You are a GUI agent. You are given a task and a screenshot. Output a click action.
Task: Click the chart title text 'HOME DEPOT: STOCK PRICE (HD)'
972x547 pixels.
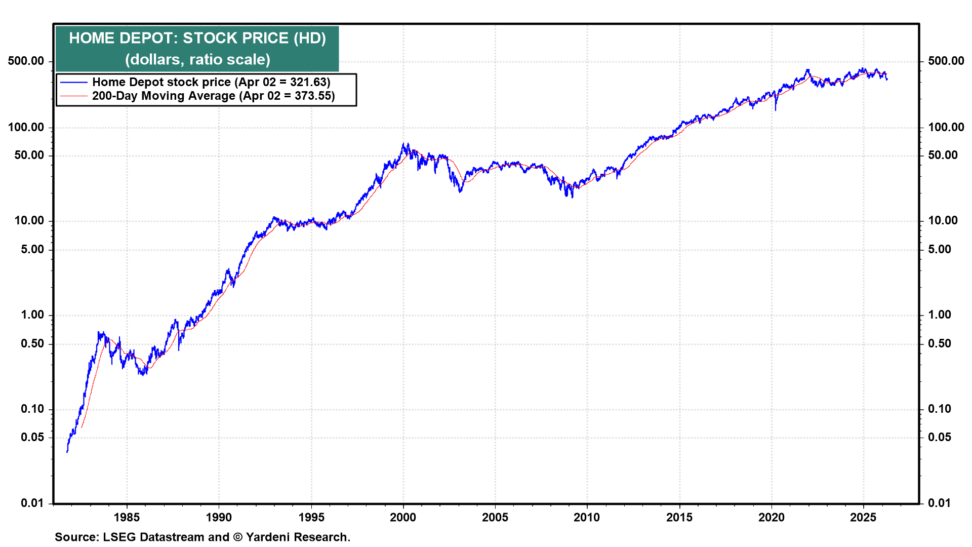pyautogui.click(x=197, y=38)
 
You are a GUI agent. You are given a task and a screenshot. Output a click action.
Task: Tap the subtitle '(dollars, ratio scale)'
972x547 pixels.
pyautogui.click(x=197, y=60)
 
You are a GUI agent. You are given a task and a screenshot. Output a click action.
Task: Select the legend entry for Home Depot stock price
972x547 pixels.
pyautogui.click(x=211, y=82)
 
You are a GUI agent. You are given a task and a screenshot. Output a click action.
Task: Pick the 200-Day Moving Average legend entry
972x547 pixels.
pyautogui.click(x=213, y=96)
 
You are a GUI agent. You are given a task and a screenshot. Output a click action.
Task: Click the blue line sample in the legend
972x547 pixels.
pyautogui.click(x=74, y=82)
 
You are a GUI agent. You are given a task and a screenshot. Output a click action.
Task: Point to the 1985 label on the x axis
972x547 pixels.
pyautogui.click(x=127, y=517)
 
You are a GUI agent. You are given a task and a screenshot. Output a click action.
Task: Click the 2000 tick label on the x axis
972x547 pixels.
pyautogui.click(x=403, y=517)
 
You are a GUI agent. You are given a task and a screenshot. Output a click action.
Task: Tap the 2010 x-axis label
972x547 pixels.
pyautogui.click(x=587, y=517)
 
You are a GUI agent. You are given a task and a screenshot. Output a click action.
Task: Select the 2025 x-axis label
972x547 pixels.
pyautogui.click(x=863, y=517)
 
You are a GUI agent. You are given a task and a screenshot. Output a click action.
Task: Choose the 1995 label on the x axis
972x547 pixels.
pyautogui.click(x=311, y=517)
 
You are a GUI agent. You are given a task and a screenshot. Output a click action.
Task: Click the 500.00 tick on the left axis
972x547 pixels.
pyautogui.click(x=26, y=61)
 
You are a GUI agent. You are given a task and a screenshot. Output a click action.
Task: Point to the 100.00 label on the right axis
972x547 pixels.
pyautogui.click(x=946, y=127)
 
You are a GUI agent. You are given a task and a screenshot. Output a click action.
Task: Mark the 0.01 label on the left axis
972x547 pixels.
pyautogui.click(x=32, y=503)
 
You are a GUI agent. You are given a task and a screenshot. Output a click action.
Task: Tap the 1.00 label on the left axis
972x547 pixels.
pyautogui.click(x=32, y=315)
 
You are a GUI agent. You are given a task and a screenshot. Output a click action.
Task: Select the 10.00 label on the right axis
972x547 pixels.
pyautogui.click(x=943, y=220)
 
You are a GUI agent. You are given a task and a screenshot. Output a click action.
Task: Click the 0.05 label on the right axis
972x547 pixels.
pyautogui.click(x=940, y=437)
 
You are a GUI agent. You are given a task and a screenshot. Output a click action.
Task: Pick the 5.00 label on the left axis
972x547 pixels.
pyautogui.click(x=32, y=249)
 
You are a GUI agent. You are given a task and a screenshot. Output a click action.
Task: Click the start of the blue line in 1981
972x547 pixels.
pyautogui.click(x=67, y=451)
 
